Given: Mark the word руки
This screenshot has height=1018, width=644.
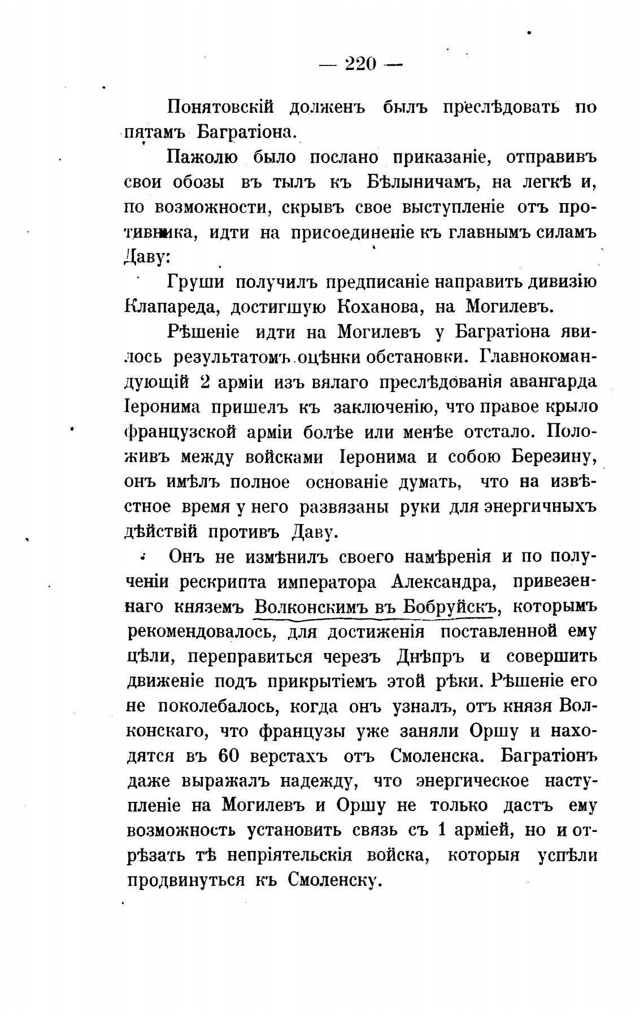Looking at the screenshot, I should coord(420,507).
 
